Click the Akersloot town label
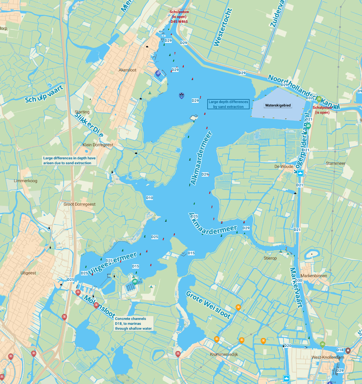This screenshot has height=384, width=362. coord(128,70)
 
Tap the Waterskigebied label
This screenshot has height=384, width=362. coord(278,105)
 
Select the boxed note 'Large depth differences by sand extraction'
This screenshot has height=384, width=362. coord(228,104)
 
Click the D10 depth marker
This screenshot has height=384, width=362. coord(149,198)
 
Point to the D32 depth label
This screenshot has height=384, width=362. coord(309,98)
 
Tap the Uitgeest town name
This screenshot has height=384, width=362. coord(28,273)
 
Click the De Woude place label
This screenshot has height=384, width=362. coord(284,166)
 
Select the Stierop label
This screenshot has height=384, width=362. coord(270,258)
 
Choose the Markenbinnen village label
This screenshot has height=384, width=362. coord(314,276)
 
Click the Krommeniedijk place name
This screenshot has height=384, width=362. coord(224,354)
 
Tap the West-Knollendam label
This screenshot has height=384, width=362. coord(328,357)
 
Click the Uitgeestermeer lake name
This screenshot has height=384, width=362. coord(113,263)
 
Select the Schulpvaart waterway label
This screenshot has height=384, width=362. coord(44,94)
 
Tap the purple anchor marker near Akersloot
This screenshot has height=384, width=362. coord(158,73)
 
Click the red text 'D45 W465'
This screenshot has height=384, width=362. coord(179,22)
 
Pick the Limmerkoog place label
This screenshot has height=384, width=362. coord(26,181)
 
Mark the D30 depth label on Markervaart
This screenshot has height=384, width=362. coord(299,281)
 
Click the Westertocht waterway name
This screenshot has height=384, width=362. coord(222,27)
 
